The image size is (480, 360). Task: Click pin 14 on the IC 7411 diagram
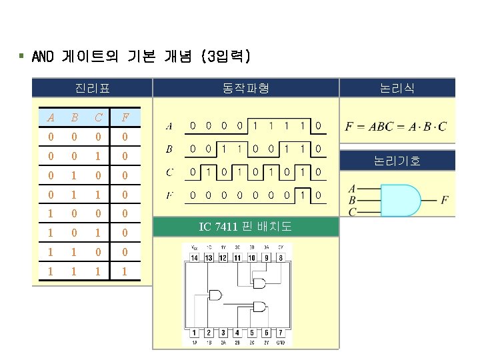193,258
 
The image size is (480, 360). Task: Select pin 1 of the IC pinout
194,332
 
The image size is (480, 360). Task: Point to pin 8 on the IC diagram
281,258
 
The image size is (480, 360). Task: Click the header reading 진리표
93,88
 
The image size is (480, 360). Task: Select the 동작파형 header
246,88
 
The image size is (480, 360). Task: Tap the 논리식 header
397,88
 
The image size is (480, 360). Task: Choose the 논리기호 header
397,161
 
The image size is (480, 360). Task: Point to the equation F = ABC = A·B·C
397,126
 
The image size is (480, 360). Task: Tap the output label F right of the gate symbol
445,200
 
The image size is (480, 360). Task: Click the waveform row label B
169,149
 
